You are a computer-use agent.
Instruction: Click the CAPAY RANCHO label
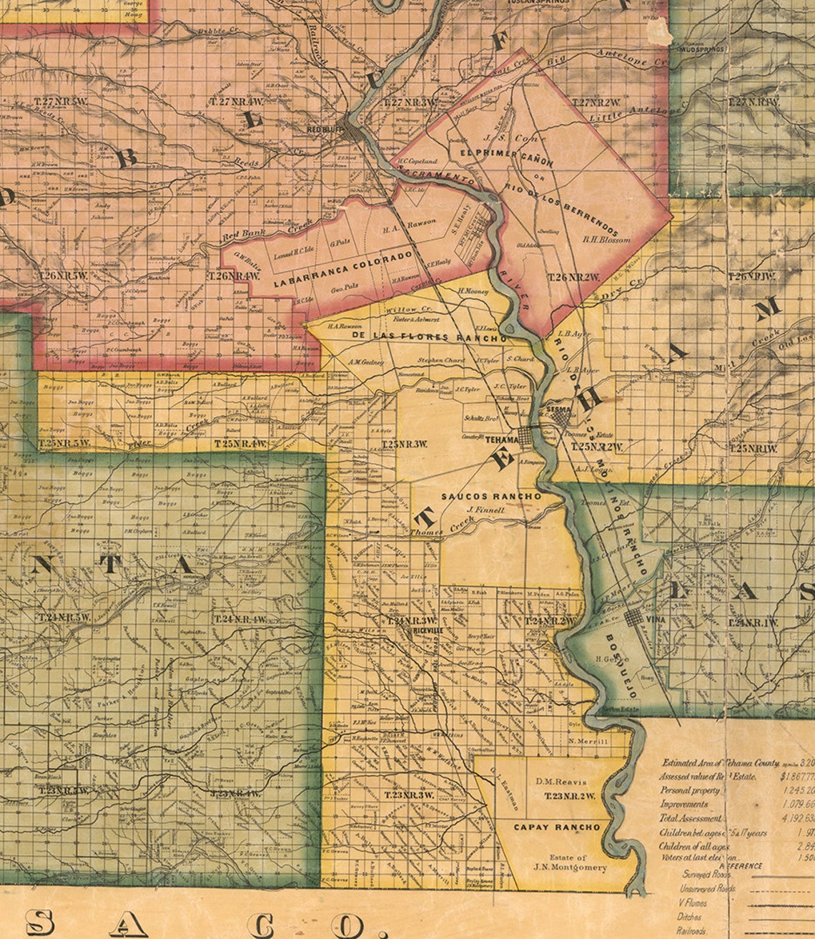coord(557,827)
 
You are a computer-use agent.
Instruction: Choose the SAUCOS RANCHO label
coord(491,496)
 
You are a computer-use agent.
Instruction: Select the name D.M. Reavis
coord(560,782)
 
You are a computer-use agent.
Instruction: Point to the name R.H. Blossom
coord(607,240)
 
